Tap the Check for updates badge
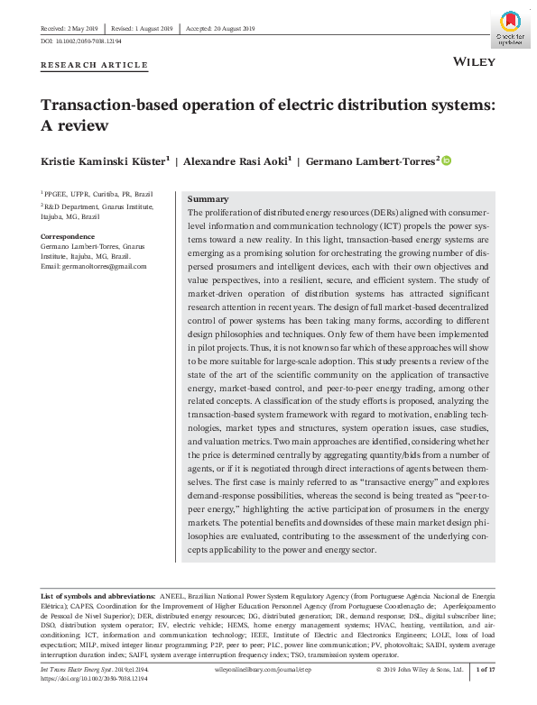pos(509,29)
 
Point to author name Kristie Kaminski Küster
pos(101,161)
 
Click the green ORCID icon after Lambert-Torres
pos(446,160)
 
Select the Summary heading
pos(208,198)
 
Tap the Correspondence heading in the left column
pos(68,236)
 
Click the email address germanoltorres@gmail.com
pos(94,266)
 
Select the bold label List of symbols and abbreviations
pos(99,597)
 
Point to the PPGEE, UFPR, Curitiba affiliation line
pos(97,193)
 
